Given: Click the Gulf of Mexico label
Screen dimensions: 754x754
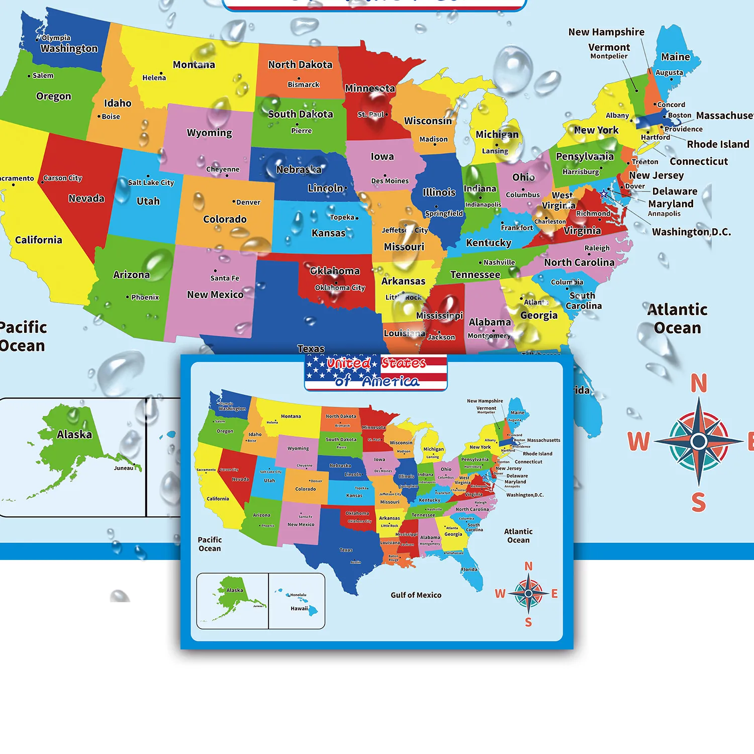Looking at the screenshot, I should point(416,595).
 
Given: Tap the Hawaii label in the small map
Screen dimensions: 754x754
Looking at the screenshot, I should point(299,609).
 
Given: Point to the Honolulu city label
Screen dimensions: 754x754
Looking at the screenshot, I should point(298,595).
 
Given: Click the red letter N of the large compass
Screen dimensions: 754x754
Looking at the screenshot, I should point(699,384).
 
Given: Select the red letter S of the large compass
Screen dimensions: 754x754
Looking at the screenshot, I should point(699,502).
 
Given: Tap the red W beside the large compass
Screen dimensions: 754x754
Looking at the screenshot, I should point(638,442).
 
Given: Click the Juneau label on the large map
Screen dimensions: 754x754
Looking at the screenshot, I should point(124,468).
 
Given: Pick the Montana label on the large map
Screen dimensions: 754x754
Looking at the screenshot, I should point(194,65).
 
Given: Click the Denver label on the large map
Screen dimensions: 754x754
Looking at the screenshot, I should point(248,203).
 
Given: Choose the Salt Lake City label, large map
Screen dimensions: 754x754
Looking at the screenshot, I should point(151,182).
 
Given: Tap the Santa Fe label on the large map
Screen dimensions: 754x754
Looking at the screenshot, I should point(225,278).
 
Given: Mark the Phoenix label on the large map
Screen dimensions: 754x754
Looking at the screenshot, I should point(145,297).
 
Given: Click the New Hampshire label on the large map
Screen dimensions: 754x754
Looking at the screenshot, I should point(606,32).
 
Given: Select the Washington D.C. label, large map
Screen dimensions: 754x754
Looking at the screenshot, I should point(691,232).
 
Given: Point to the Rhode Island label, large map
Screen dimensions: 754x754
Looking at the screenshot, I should point(718,144).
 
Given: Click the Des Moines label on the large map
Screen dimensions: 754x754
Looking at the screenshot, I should point(390,181).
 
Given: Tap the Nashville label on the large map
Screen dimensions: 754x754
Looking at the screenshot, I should point(499,262).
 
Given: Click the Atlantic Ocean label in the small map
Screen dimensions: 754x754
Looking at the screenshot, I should point(518,536).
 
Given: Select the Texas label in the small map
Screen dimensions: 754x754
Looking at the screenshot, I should point(346,550).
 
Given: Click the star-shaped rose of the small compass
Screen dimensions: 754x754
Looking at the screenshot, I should point(528,594).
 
